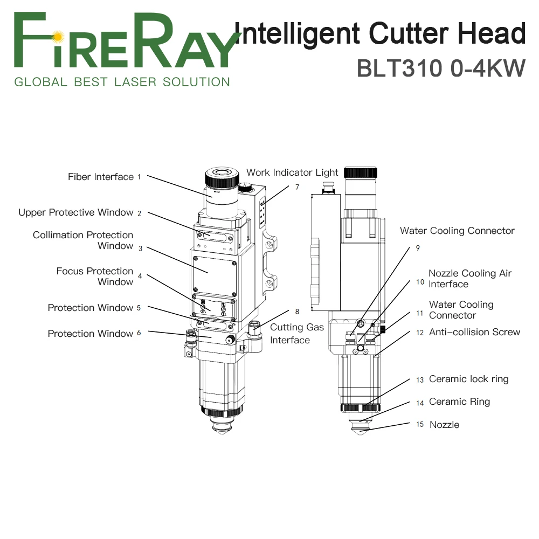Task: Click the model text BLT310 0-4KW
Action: coord(440,68)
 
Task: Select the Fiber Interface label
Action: coord(101,177)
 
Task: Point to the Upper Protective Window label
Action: coord(76,212)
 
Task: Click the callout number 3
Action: coord(140,248)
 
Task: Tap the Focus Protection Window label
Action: coord(95,277)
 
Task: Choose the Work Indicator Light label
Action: coord(292,172)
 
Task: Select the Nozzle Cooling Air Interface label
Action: coord(470,279)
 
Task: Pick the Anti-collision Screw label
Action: coord(474,332)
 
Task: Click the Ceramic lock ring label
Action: coord(468,379)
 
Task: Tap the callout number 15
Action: coord(420,425)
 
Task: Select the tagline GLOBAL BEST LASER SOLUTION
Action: coord(122,82)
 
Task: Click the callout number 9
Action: coord(417,248)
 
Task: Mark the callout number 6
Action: coord(139,333)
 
